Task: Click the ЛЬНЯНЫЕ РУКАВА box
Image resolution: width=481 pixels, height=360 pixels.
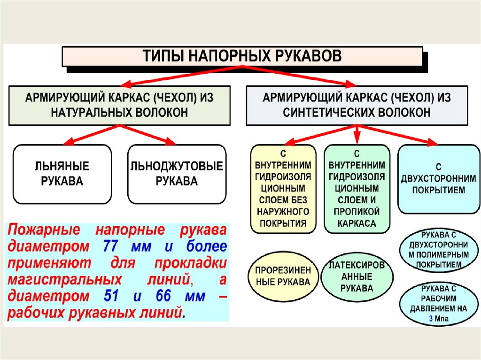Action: [x=62, y=174]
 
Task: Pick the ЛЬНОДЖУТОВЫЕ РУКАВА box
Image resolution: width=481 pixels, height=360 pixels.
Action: [x=177, y=174]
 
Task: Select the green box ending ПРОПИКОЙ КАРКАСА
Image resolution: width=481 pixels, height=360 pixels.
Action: [x=357, y=189]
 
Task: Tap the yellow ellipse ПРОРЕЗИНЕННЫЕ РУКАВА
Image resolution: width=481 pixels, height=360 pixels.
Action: [x=282, y=276]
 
